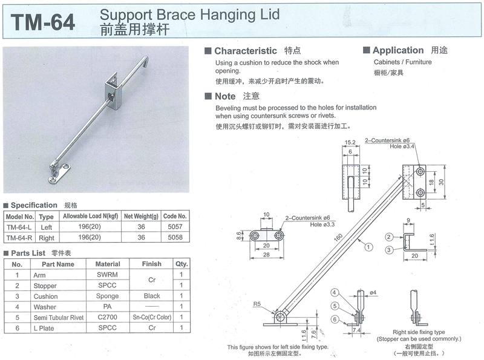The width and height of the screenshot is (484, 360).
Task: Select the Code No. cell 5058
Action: (175, 238)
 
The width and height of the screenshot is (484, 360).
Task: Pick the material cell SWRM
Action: (108, 275)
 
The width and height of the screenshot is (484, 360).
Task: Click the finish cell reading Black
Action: (152, 296)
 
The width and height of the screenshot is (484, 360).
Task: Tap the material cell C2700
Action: (108, 317)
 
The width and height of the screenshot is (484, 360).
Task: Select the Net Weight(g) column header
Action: (141, 216)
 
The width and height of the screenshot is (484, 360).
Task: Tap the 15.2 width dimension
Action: (350, 144)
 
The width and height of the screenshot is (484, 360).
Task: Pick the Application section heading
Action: (397, 50)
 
